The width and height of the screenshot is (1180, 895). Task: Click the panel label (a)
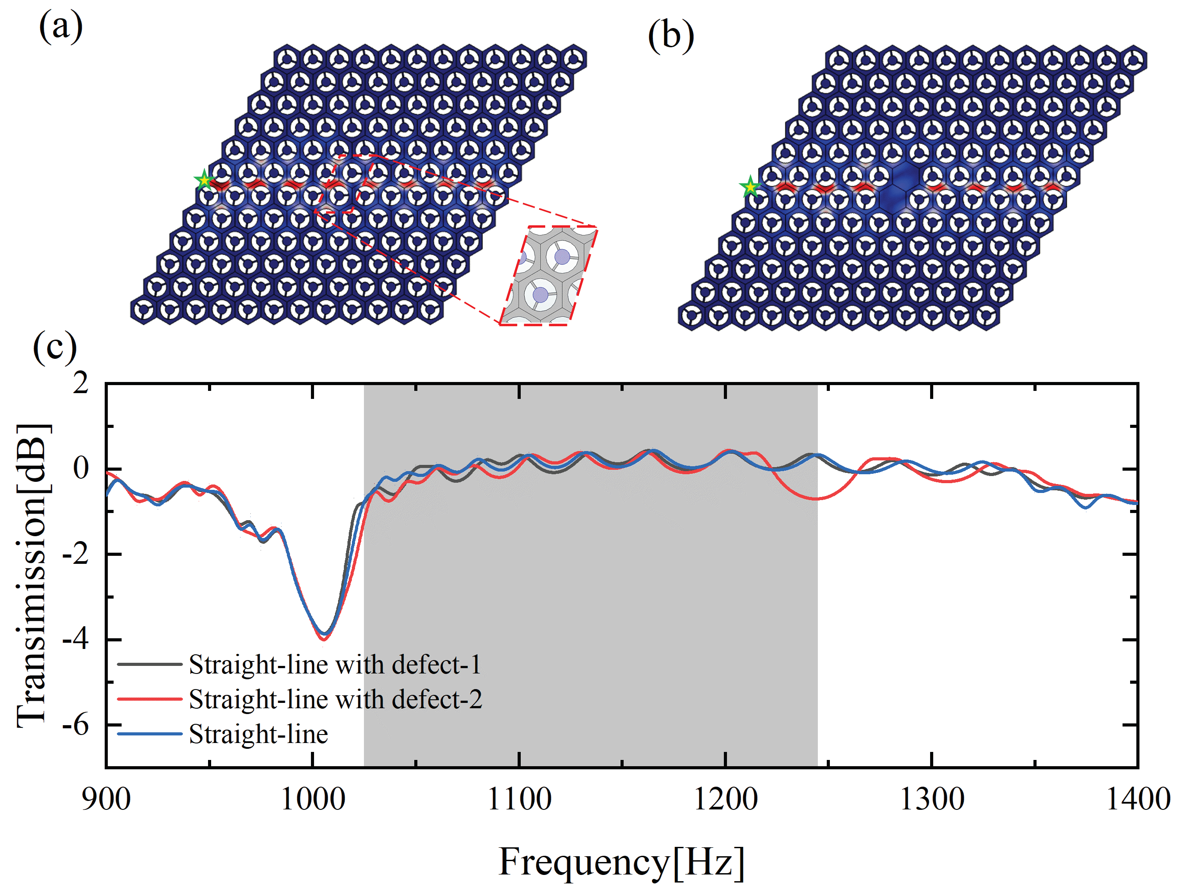pos(61,27)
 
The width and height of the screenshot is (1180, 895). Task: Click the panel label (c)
pos(55,348)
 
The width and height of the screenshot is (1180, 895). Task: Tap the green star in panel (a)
pos(204,181)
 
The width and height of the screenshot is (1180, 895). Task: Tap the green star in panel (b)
pos(750,187)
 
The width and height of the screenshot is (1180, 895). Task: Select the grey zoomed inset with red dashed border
pos(548,275)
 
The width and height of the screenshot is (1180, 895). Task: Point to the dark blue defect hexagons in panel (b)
pos(899,186)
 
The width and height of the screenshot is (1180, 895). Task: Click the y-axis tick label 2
pos(81,383)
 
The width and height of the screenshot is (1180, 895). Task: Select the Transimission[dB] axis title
pos(33,575)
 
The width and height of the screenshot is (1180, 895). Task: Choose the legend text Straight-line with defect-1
pos(335,665)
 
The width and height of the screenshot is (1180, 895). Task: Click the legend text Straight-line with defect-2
pos(335,699)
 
